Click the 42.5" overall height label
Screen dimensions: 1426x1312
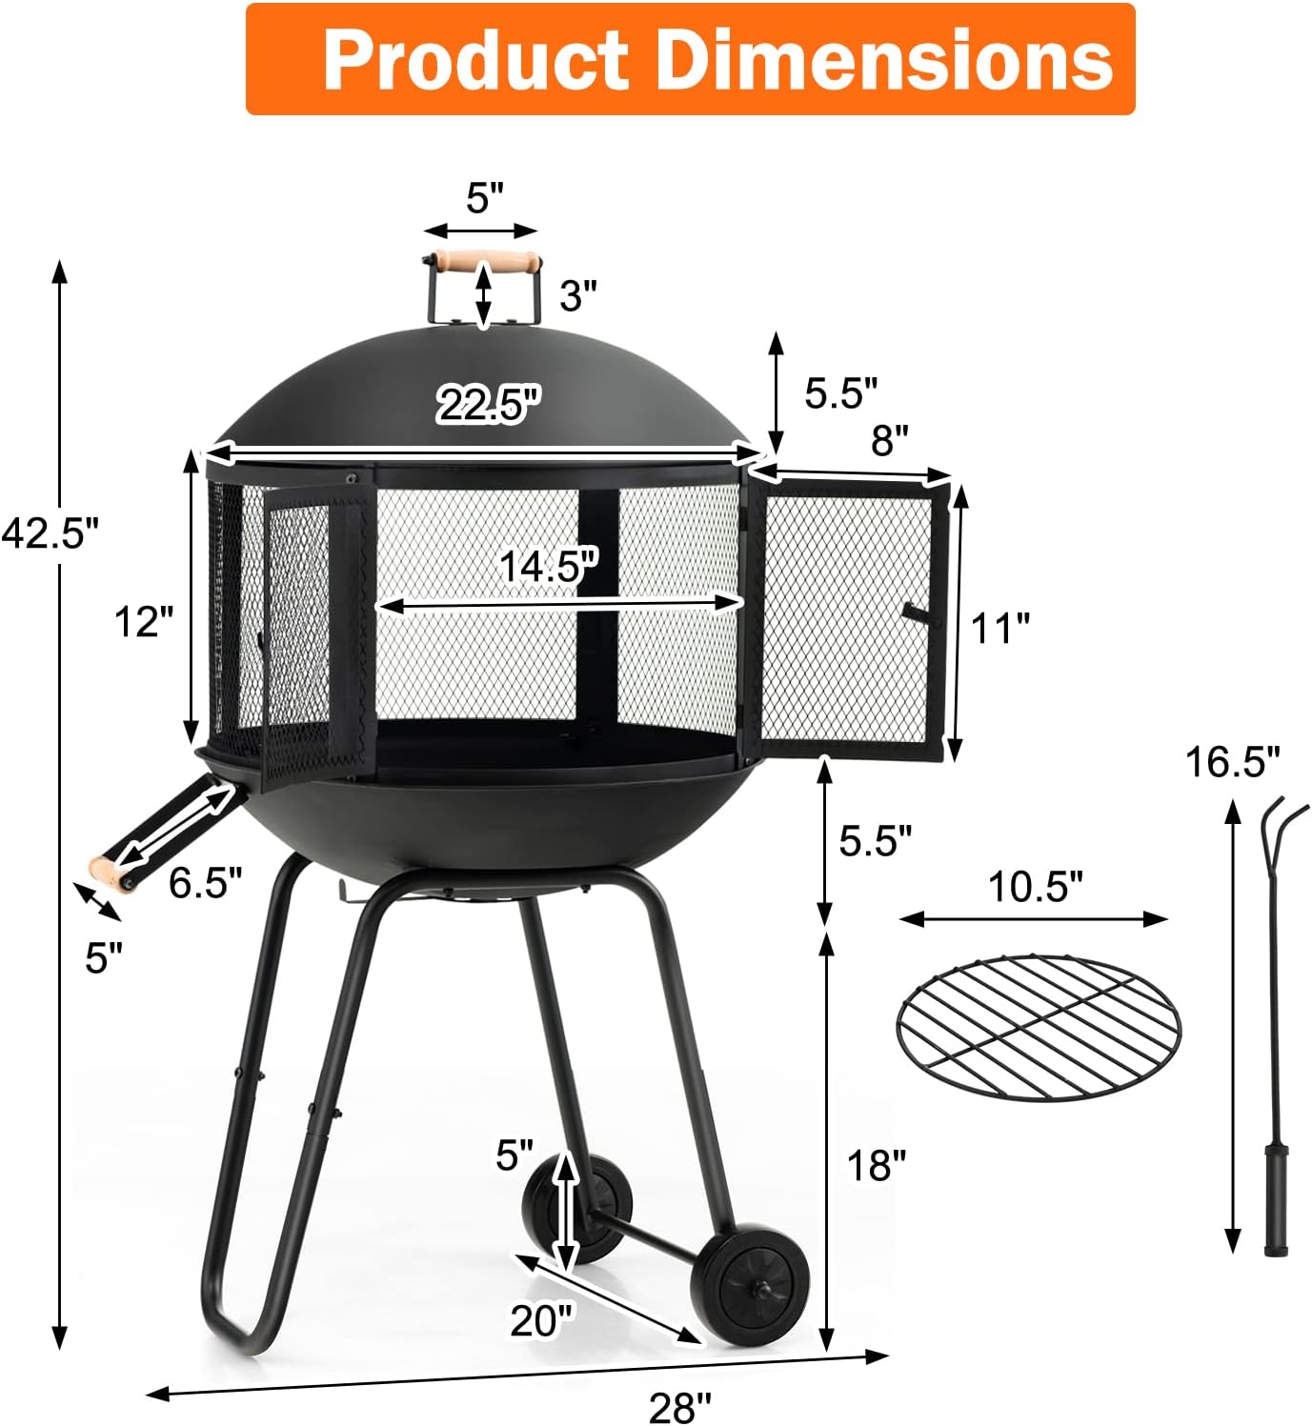[50, 533]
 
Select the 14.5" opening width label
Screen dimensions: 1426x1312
[549, 567]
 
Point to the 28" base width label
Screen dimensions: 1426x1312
[680, 1406]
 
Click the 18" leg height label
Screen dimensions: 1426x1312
[877, 1165]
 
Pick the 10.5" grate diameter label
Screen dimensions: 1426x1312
[1035, 887]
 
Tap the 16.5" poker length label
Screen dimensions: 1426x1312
[1232, 762]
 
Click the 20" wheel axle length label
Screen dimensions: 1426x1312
[541, 1319]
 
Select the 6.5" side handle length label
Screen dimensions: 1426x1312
[205, 883]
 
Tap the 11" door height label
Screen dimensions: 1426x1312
[1000, 629]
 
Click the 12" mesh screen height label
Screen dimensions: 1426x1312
[144, 622]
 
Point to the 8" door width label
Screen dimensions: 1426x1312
[889, 440]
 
